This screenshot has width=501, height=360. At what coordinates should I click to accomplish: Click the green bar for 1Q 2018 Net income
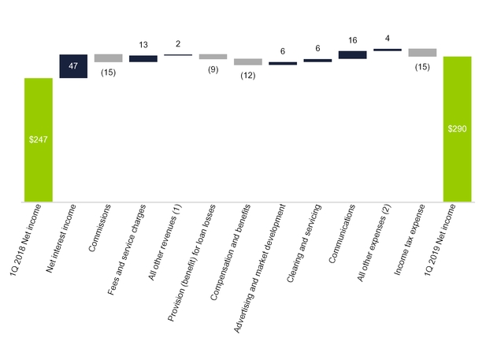[x=38, y=140]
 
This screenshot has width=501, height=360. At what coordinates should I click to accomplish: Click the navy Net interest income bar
[x=73, y=66]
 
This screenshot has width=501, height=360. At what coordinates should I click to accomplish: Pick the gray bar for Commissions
[x=108, y=58]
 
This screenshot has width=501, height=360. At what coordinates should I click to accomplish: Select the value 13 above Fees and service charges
[x=143, y=46]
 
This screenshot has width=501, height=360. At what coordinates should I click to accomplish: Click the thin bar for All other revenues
[x=178, y=54]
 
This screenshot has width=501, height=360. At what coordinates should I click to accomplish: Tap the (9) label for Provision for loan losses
[x=213, y=69]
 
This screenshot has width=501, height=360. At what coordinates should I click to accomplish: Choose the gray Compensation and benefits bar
[x=247, y=61]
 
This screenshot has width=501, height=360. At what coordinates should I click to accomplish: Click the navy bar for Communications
[x=352, y=54]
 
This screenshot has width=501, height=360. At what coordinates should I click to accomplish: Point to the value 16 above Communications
[x=352, y=39]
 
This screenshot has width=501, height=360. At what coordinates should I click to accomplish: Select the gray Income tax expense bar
[x=422, y=52]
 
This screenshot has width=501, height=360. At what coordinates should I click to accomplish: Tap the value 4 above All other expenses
[x=388, y=38]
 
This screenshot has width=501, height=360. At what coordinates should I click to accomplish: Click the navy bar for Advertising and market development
[x=282, y=63]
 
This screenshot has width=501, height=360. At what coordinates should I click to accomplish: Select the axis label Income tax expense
[x=408, y=233]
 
